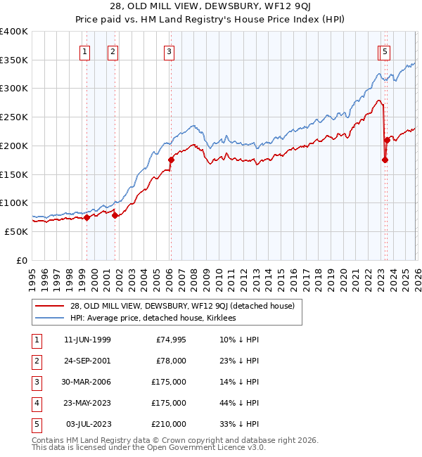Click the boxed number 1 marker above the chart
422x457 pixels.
(85, 50)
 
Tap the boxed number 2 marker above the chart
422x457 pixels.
(113, 50)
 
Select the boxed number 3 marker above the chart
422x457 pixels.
(170, 50)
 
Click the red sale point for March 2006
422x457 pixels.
(171, 160)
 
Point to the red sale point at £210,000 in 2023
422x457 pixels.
(387, 140)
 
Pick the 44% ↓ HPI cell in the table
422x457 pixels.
(239, 404)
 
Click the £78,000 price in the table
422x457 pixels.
(171, 361)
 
